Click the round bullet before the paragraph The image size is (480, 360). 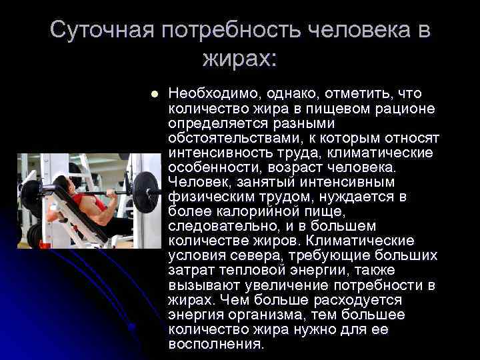click(155, 94)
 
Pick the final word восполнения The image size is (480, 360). click(216, 344)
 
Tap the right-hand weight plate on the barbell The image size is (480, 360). click(145, 193)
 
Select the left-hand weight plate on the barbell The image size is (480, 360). click(30, 194)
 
